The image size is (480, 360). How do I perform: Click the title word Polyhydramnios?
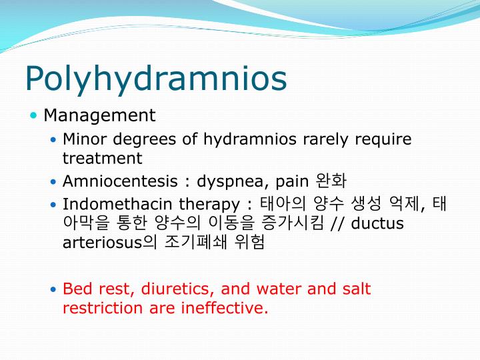pos(156,79)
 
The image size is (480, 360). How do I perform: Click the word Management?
pos(99,115)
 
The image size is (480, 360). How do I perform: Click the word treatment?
pos(102,158)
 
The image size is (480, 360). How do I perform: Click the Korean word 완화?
pos(331,181)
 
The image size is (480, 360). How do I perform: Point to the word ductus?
pos(377,223)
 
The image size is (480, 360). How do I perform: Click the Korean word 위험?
pos(250,242)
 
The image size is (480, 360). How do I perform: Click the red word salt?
pos(356,289)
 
